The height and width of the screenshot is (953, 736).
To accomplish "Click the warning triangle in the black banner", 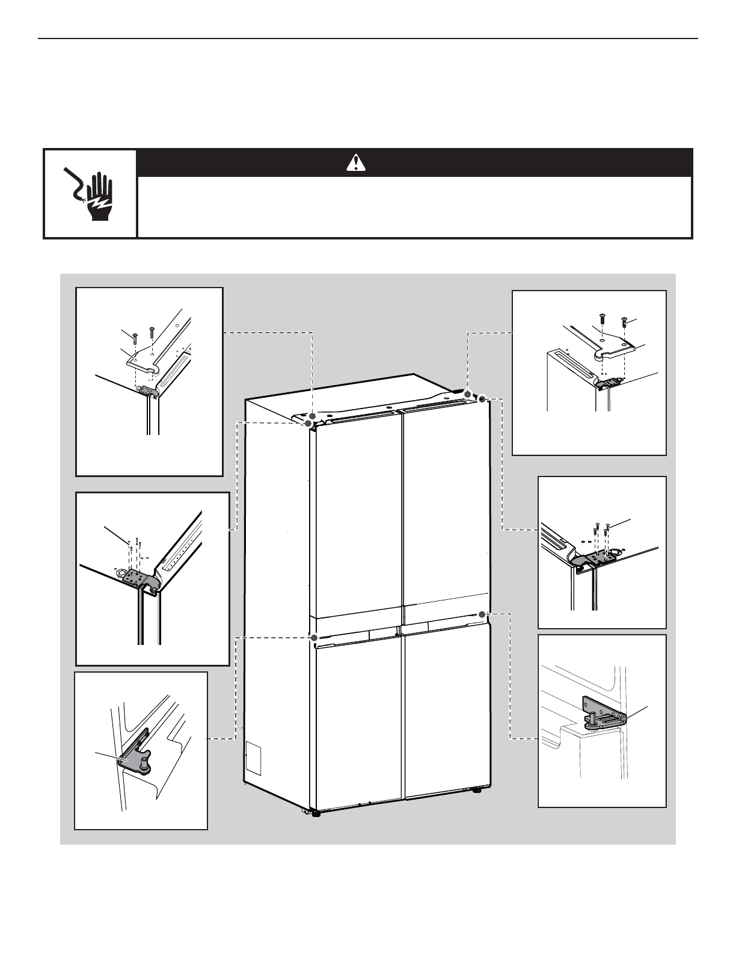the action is point(356,162).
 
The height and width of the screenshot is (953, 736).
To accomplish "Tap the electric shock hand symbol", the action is point(90,193).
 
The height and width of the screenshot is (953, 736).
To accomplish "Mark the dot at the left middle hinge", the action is point(313,637).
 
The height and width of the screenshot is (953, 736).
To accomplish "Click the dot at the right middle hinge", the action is point(482,614).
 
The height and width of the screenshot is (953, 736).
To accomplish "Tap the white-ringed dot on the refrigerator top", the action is point(482,399).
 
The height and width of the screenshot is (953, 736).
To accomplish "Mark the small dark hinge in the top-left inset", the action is point(147,392).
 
